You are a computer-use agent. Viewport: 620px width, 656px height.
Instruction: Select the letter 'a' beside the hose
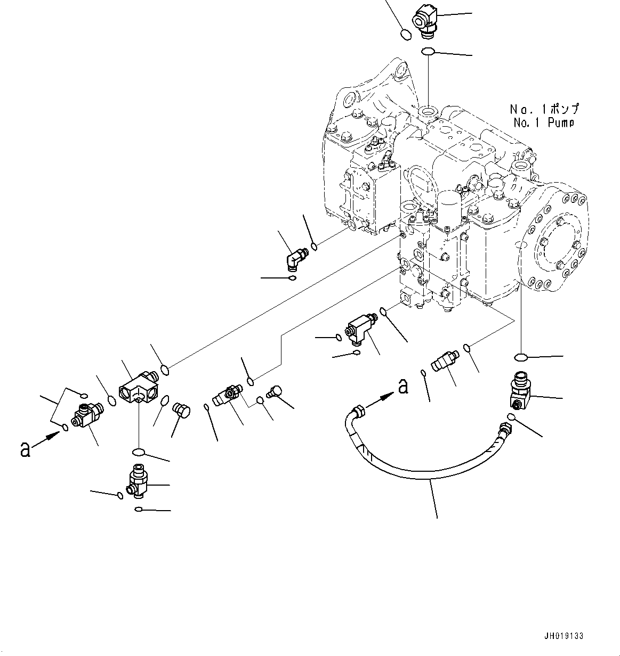click(x=404, y=386)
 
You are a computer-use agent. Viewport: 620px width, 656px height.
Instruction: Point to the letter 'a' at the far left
click(x=25, y=449)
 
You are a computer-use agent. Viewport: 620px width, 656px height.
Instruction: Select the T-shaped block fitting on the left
click(x=138, y=387)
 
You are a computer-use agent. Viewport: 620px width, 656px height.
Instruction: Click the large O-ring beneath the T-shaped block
click(x=138, y=453)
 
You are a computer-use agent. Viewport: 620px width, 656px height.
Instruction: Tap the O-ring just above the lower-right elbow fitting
click(x=522, y=357)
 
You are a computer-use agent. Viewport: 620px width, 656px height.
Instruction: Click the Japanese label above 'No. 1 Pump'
click(x=544, y=109)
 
